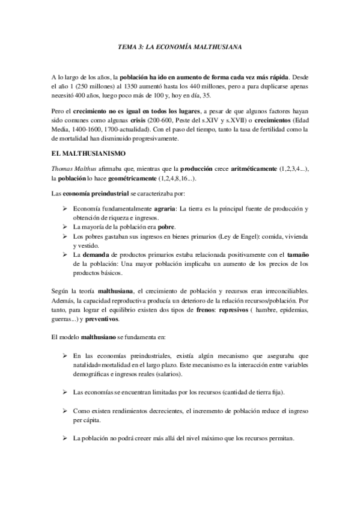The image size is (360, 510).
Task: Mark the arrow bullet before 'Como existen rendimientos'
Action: coord(65,411)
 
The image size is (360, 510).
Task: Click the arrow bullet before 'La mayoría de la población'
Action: coord(65,227)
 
